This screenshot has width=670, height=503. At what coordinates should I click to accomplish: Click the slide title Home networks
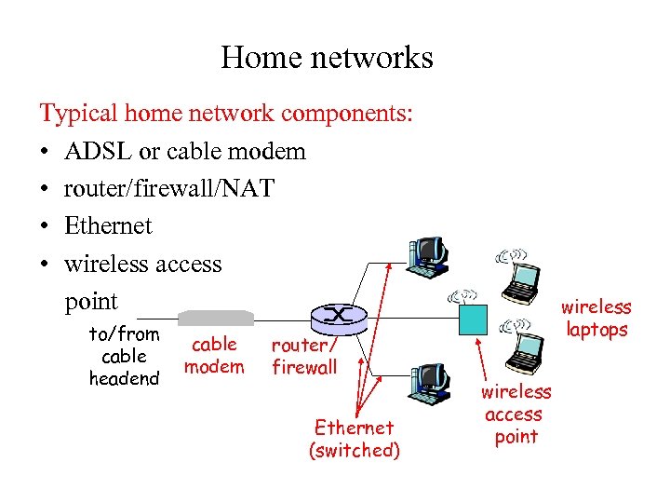[327, 58]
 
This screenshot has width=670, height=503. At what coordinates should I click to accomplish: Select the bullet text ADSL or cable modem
[184, 151]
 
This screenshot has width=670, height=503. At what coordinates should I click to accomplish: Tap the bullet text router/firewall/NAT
[168, 188]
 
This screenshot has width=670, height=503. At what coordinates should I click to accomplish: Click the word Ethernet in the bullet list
[108, 225]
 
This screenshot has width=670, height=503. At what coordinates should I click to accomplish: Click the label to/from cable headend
[124, 356]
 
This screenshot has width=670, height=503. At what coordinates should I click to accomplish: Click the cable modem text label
[214, 355]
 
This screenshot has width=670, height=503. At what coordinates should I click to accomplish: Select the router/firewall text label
[303, 356]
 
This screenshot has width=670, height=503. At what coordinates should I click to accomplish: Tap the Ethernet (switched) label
[354, 439]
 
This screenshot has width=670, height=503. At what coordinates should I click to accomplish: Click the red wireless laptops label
[596, 318]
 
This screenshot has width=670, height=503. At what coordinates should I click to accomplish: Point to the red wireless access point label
[516, 415]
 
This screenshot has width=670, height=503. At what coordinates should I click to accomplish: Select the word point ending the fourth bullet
[91, 301]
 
